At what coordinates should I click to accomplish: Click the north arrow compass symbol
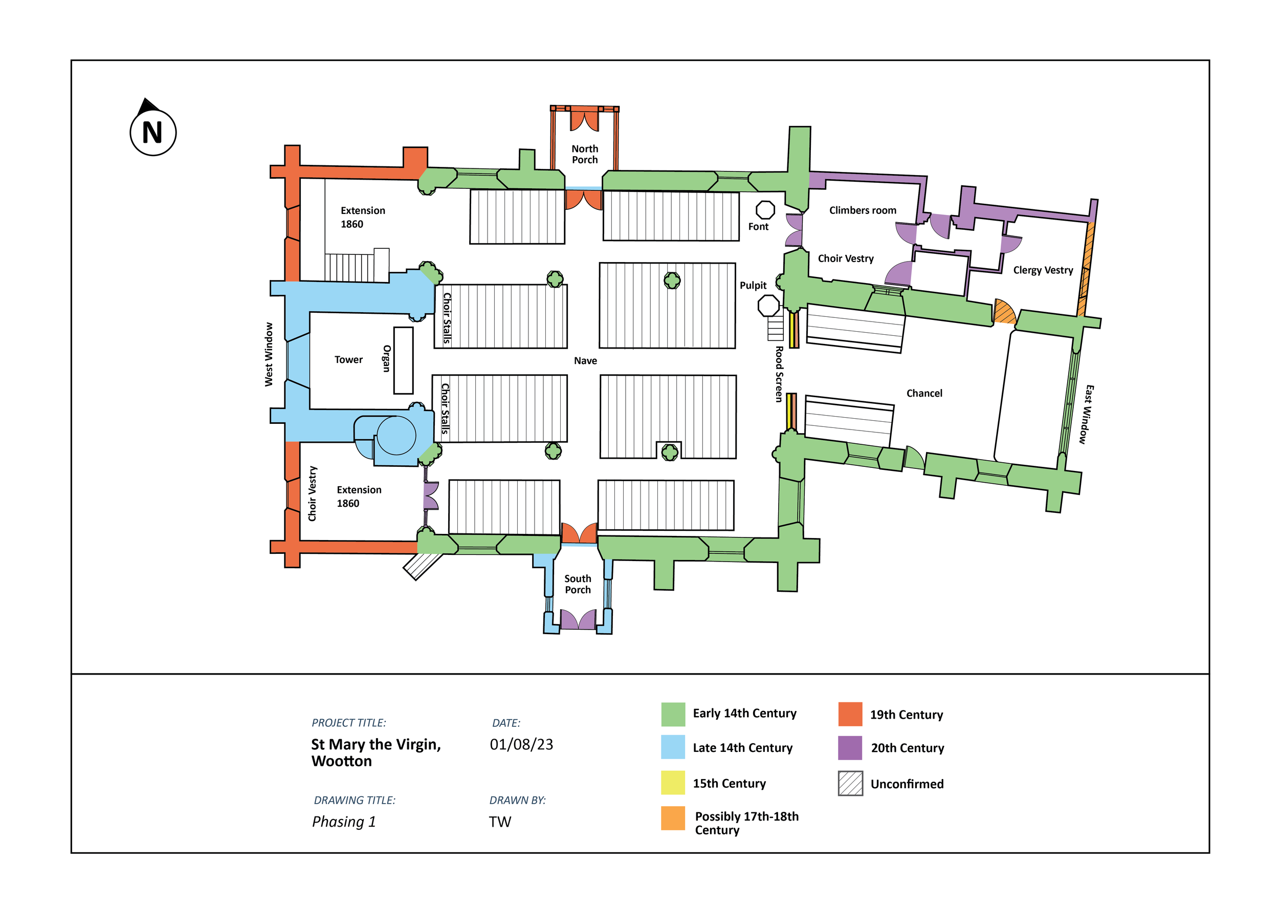152,131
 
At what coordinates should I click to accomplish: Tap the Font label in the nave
758,226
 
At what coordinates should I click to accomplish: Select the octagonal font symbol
765,209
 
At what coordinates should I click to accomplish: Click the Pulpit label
753,285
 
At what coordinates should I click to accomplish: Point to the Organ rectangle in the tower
403,360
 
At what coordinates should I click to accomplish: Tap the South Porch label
578,584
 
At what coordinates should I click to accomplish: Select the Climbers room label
863,210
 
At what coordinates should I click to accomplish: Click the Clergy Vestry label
1043,270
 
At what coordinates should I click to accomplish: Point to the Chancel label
924,394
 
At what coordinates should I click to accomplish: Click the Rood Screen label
779,374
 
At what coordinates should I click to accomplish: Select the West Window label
269,354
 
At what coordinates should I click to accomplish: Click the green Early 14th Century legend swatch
673,715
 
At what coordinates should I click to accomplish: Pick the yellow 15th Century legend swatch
673,783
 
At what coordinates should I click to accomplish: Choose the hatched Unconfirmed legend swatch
850,783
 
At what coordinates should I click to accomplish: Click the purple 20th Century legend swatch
850,748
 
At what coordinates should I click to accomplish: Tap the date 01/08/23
521,744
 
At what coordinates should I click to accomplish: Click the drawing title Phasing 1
344,822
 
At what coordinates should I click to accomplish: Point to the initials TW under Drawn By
500,822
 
